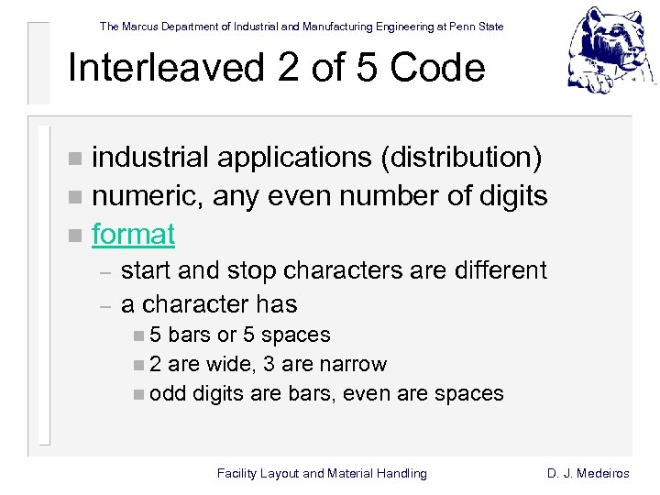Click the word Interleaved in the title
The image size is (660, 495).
click(x=157, y=68)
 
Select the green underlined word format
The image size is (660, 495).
click(x=133, y=235)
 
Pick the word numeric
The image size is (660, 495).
click(x=148, y=196)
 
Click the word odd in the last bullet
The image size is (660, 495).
click(x=165, y=393)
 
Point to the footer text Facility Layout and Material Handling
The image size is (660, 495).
click(x=322, y=473)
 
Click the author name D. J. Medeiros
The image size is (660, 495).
click(x=588, y=473)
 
